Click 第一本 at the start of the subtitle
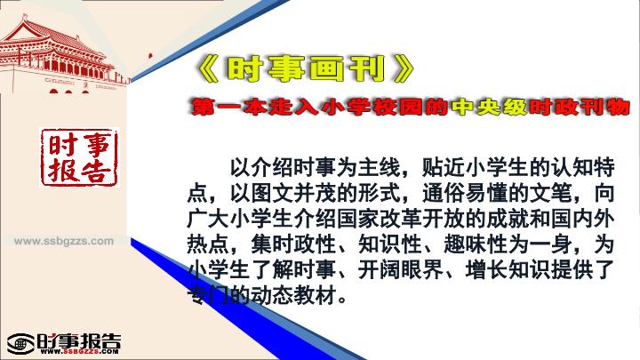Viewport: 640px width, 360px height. point(229,107)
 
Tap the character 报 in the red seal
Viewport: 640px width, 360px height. point(62,170)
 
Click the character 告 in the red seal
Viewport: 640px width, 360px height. point(95,170)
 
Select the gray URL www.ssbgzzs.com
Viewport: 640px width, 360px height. point(64,241)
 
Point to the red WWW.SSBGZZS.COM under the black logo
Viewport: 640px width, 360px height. point(79,351)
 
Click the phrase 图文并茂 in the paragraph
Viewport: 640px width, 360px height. point(294,193)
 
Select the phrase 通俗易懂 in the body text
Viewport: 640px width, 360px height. point(465,193)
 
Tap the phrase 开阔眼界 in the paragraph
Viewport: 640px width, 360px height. point(401,270)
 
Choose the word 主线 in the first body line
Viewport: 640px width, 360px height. point(380,167)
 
